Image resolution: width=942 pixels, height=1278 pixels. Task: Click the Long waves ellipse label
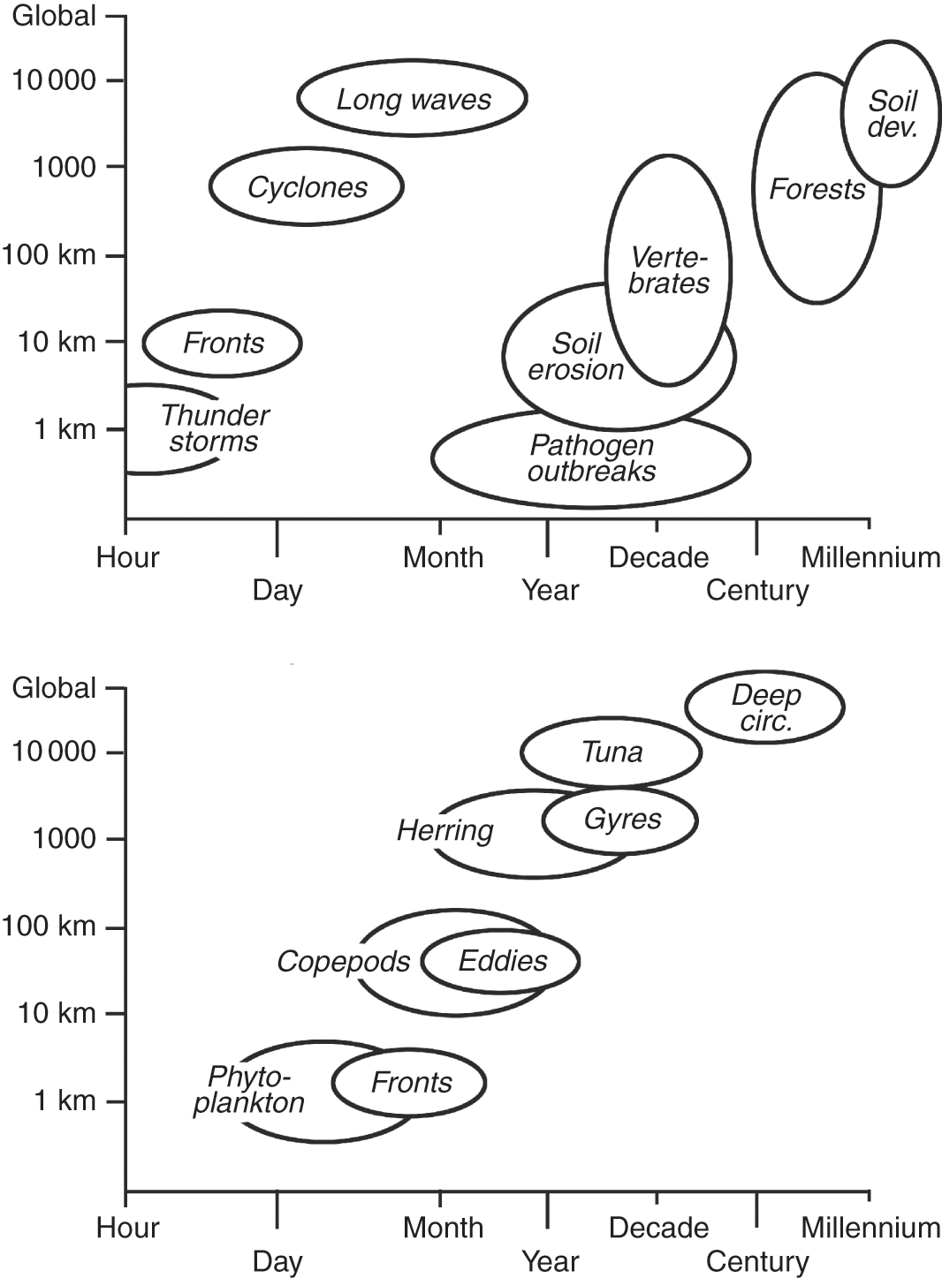click(414, 99)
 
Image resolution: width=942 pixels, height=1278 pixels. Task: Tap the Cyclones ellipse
click(307, 187)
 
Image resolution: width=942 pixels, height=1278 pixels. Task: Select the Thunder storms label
click(215, 428)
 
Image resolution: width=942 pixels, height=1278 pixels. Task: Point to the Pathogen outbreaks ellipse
click(591, 459)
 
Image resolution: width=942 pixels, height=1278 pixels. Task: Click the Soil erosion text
click(576, 356)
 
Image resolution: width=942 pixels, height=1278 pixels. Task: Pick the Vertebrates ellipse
click(669, 270)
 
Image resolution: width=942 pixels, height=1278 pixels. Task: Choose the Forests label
click(817, 189)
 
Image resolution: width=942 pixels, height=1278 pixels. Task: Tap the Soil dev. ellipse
click(892, 114)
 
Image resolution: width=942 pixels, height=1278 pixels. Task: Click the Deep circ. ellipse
click(765, 707)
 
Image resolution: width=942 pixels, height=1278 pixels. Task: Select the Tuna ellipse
click(612, 752)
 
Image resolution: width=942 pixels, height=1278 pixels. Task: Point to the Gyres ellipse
click(621, 820)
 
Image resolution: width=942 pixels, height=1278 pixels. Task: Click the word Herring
click(444, 830)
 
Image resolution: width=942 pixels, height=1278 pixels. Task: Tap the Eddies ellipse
click(502, 960)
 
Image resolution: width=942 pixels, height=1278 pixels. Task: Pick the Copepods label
click(343, 961)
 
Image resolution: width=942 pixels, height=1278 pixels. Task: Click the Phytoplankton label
click(248, 1089)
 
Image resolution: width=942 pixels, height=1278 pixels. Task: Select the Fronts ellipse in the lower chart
click(410, 1082)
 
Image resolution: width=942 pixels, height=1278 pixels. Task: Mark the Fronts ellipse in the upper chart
click(223, 343)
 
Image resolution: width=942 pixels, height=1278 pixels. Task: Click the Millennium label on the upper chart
click(870, 557)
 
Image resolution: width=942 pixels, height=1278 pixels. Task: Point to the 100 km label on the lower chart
click(49, 926)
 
